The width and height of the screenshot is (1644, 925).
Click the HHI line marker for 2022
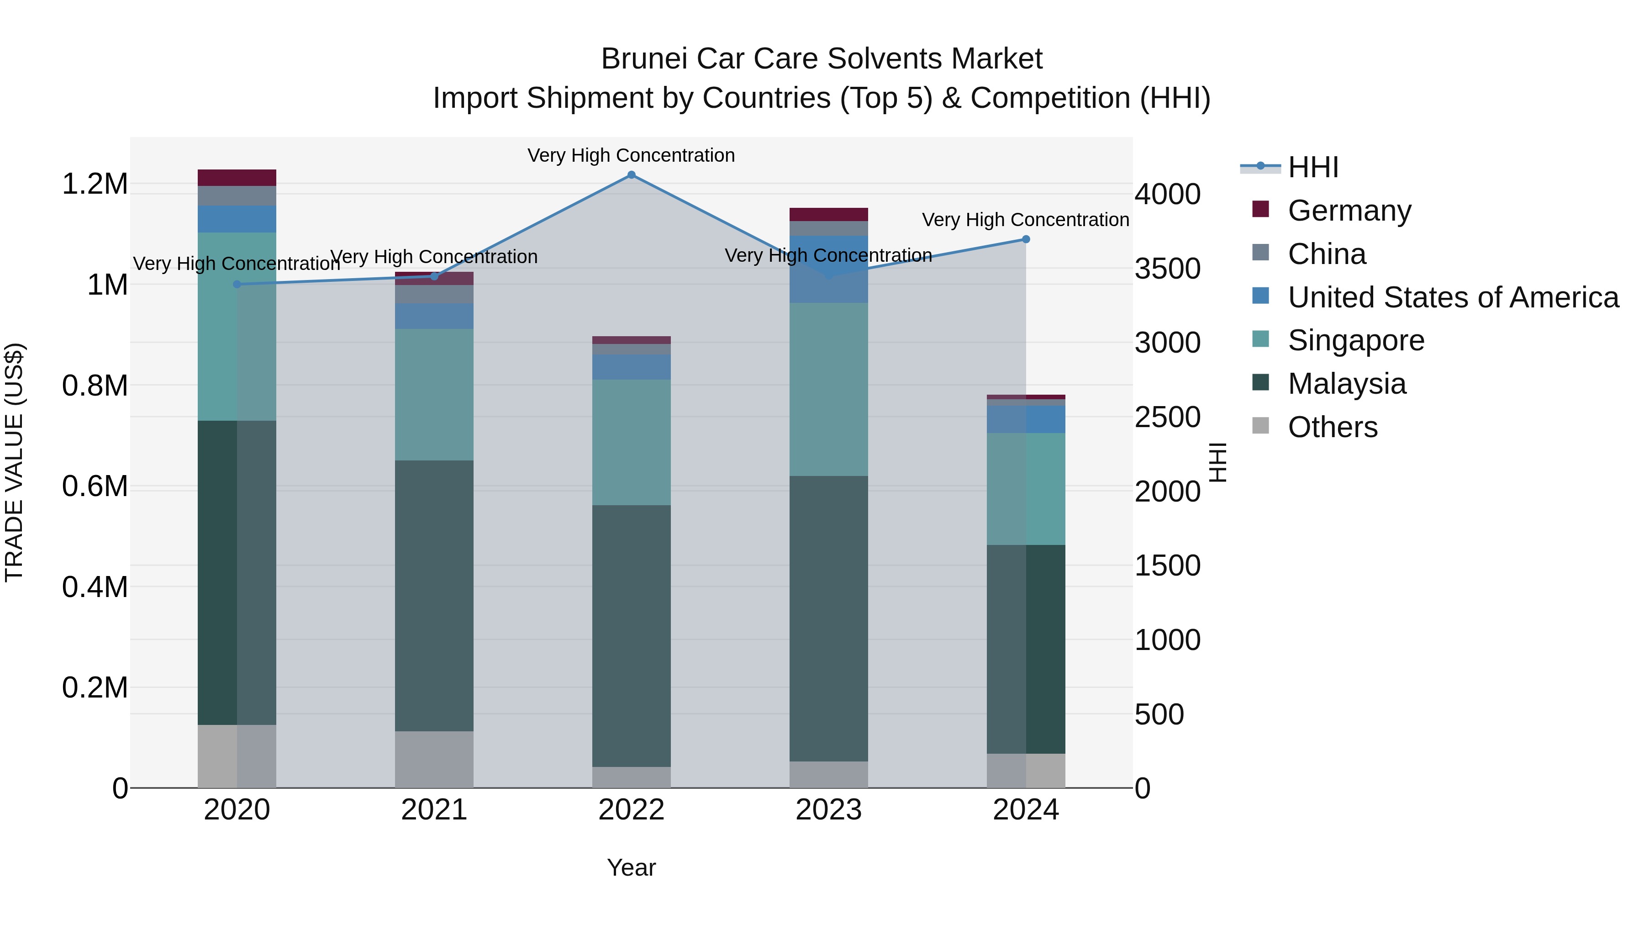tap(631, 175)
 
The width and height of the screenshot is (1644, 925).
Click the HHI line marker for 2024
tap(1026, 239)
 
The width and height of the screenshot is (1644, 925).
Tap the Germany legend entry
tap(1349, 211)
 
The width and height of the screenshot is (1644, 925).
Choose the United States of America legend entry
tap(1453, 297)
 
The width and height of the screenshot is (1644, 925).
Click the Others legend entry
tap(1332, 427)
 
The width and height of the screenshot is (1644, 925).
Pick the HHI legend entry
tap(1313, 167)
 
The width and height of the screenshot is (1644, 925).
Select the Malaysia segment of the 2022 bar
tap(631, 635)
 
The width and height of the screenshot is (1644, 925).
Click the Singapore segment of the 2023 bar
tap(828, 389)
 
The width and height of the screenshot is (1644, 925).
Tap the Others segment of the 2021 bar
tap(434, 759)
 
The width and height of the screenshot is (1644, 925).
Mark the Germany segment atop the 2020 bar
tap(237, 178)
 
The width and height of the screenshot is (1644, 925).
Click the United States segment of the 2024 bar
tap(1026, 419)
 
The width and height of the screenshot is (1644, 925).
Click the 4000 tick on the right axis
tap(1167, 195)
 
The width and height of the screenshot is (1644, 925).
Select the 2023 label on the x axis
tap(828, 810)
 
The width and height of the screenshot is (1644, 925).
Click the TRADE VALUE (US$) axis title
tap(14, 462)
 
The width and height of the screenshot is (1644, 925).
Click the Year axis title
tap(631, 867)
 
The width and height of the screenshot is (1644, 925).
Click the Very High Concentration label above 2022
tap(631, 155)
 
